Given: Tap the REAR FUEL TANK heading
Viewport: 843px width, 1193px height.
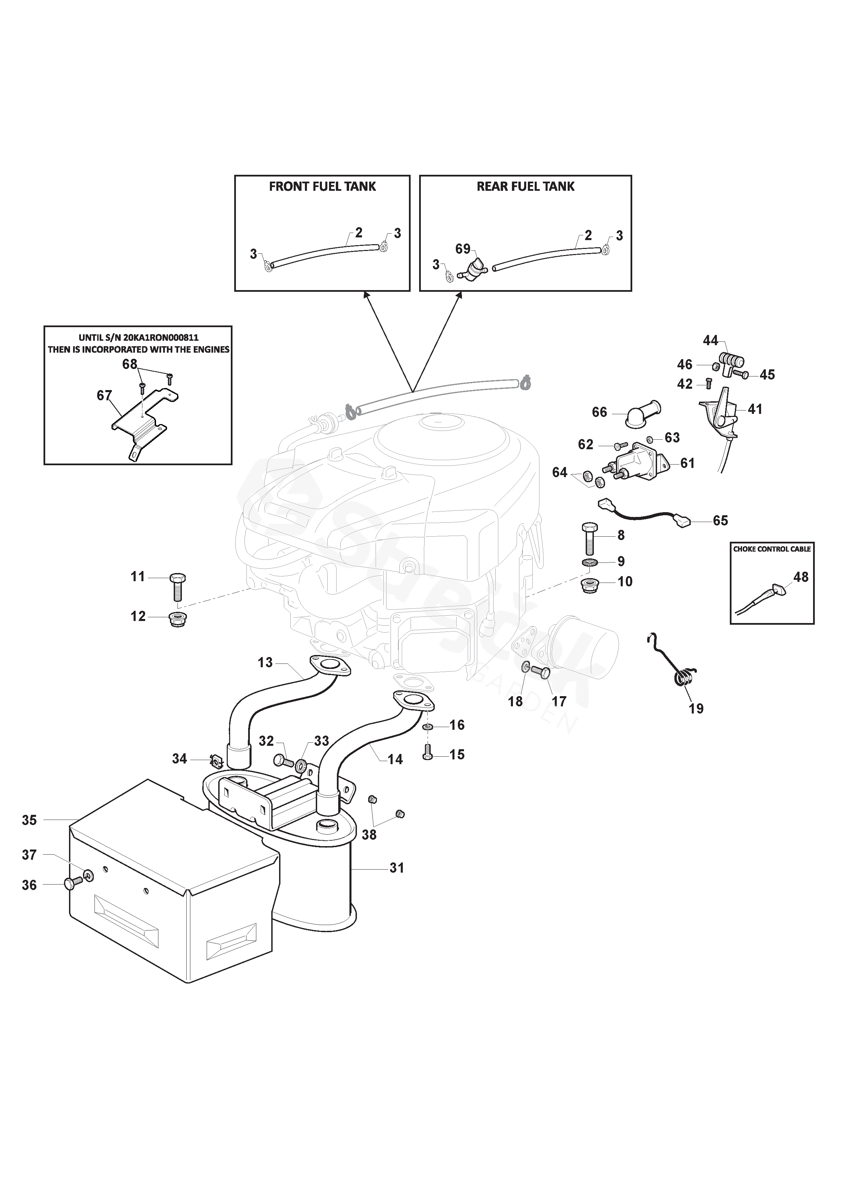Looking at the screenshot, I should [525, 187].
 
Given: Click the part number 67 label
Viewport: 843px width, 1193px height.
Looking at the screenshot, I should [104, 396].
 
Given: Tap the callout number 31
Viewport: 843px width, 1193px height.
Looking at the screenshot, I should [397, 868].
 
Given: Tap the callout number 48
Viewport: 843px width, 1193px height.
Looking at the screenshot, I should [801, 577].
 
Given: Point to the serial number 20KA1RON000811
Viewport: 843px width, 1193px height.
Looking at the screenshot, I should [161, 338].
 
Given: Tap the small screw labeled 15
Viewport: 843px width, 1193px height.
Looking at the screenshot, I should [428, 754].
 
